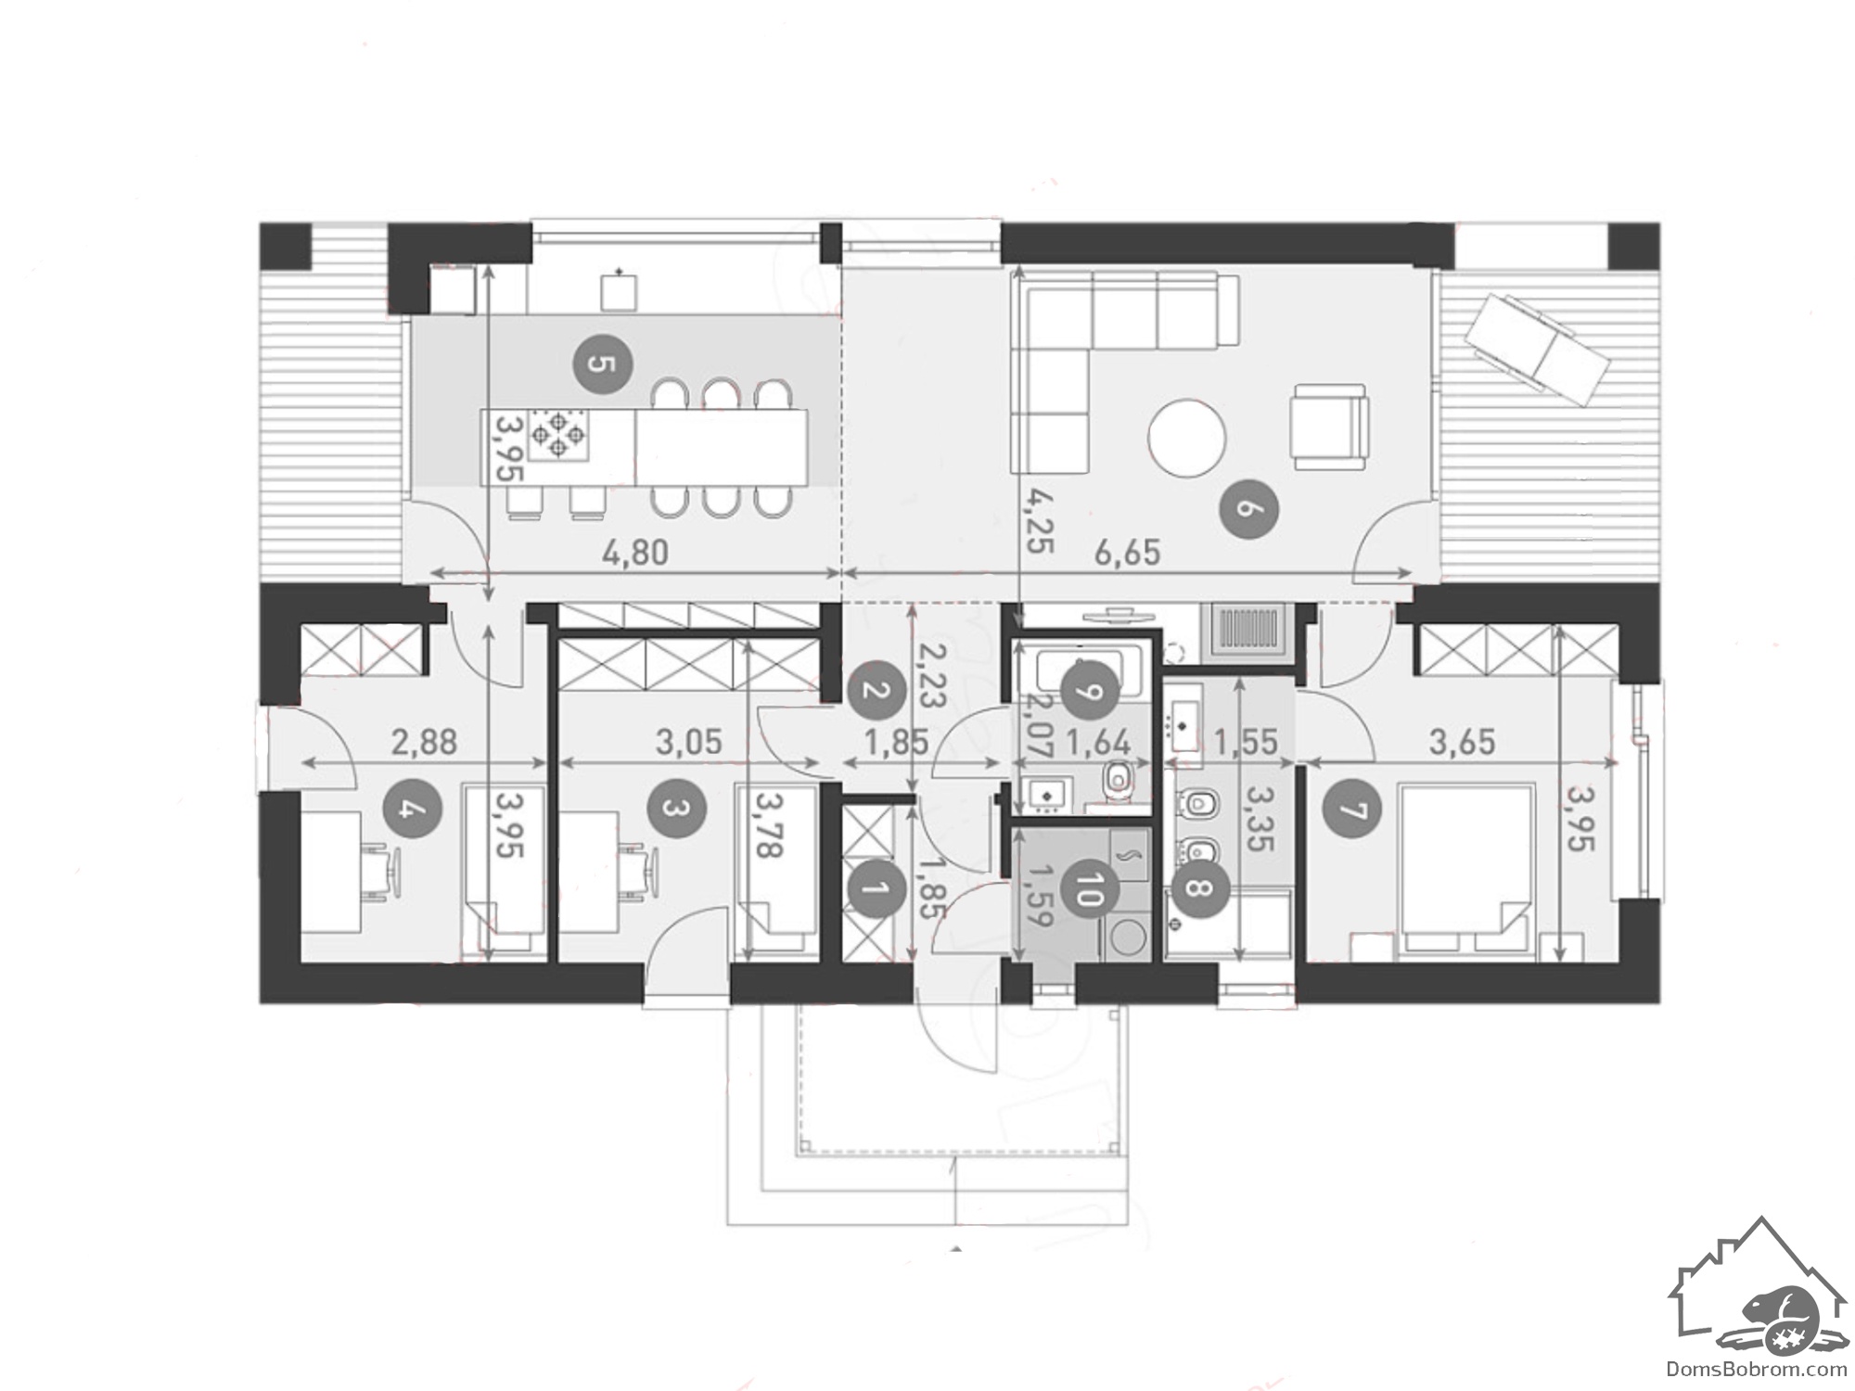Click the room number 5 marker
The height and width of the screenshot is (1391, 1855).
point(601,363)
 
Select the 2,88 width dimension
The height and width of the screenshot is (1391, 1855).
point(424,742)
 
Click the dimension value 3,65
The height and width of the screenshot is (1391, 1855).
point(1462,742)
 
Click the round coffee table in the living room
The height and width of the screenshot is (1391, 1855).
point(1187,438)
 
